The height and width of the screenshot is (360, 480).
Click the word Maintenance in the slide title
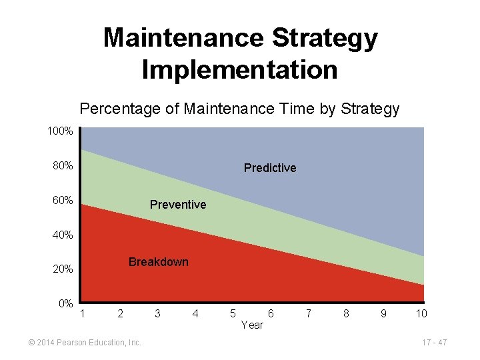[x=175, y=38]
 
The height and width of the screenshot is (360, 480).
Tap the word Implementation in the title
[x=240, y=69]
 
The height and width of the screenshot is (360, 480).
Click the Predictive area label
[x=270, y=168]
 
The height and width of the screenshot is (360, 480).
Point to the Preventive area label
[x=178, y=203]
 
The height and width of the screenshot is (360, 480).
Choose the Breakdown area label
[x=158, y=262]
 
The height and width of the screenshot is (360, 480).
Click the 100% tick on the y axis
[x=60, y=131]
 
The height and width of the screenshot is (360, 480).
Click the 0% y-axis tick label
[x=65, y=304]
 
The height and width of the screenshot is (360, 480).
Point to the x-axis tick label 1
[x=83, y=313]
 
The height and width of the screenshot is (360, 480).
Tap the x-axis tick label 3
[x=157, y=313]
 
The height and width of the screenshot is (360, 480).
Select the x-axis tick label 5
[x=232, y=313]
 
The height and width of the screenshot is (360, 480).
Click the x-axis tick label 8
[x=345, y=313]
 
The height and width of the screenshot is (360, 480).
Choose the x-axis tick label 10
[x=421, y=313]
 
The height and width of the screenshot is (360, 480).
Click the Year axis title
[x=251, y=325]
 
